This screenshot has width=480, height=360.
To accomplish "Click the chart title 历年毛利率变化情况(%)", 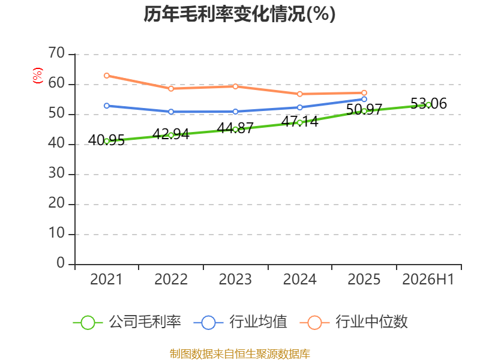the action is pos(239,14).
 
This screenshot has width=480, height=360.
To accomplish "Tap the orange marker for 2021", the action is pos(107,76).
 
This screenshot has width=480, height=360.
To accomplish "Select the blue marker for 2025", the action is pos(364,99).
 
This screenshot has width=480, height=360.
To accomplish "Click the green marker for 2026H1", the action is pos(428,105).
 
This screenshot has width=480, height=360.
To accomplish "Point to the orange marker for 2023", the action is pos(235,86).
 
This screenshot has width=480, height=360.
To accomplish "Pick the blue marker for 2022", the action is pos(171,112).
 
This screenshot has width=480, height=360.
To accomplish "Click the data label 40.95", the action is pos(107,140).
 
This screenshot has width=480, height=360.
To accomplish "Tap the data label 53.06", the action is pos(428,103).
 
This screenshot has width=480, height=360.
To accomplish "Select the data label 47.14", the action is pos(299,122).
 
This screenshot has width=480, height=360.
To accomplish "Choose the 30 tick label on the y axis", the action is pos(56,173).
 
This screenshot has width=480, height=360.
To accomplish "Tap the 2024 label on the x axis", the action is pos(299,279).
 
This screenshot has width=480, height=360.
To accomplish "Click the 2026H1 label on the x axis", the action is pos(428,279).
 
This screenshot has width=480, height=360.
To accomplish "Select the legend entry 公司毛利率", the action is pos(127,322).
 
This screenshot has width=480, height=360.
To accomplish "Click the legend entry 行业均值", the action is pos(241,322).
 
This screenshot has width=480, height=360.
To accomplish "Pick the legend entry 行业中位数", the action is pos(354,322).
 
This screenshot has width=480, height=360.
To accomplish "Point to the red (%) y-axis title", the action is pos(38,76).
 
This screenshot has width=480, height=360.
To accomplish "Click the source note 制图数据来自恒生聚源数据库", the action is pos(240,354).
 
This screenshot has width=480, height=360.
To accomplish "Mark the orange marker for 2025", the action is pos(364,93).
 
